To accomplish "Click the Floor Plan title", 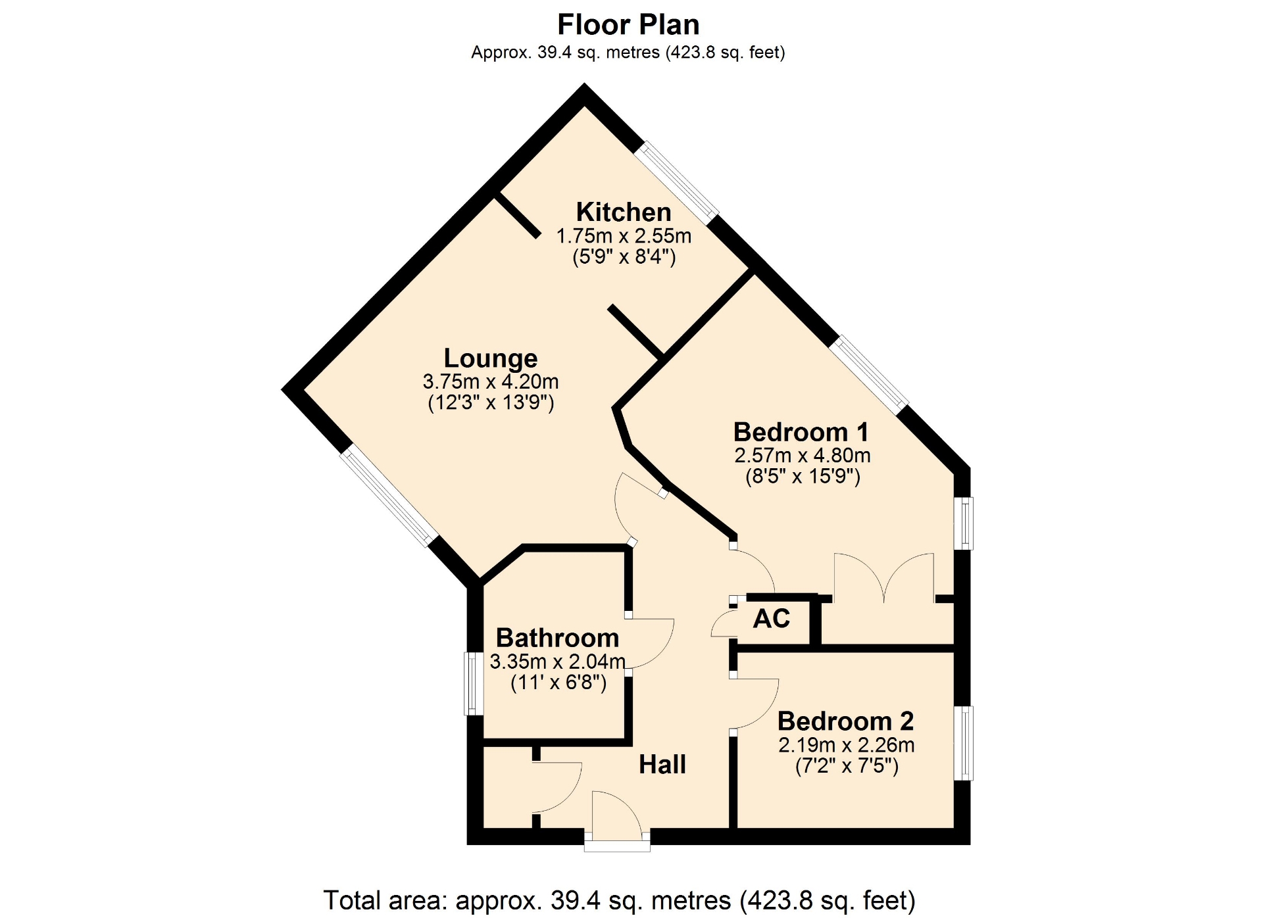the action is [x=628, y=25].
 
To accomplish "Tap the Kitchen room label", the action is [x=624, y=212].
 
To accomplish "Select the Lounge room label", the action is [x=491, y=358].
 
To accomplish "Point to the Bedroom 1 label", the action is [x=801, y=432].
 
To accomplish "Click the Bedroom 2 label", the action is [x=846, y=721].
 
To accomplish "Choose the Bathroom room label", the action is [x=558, y=638].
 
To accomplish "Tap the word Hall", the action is [x=662, y=765].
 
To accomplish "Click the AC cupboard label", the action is [x=772, y=619].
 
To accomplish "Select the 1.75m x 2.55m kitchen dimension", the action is [x=624, y=235].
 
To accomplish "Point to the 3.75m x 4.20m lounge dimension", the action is [x=491, y=381].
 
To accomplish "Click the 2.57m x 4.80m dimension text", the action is [x=803, y=455].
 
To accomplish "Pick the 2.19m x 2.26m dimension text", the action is [x=847, y=745].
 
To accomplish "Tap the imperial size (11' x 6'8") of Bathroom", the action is [x=558, y=683].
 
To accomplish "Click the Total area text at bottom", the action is [x=619, y=900].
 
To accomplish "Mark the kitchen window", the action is [x=676, y=183].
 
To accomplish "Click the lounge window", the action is [x=389, y=496].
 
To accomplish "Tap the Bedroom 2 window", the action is [x=963, y=743].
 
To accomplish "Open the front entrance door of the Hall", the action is [x=617, y=822].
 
